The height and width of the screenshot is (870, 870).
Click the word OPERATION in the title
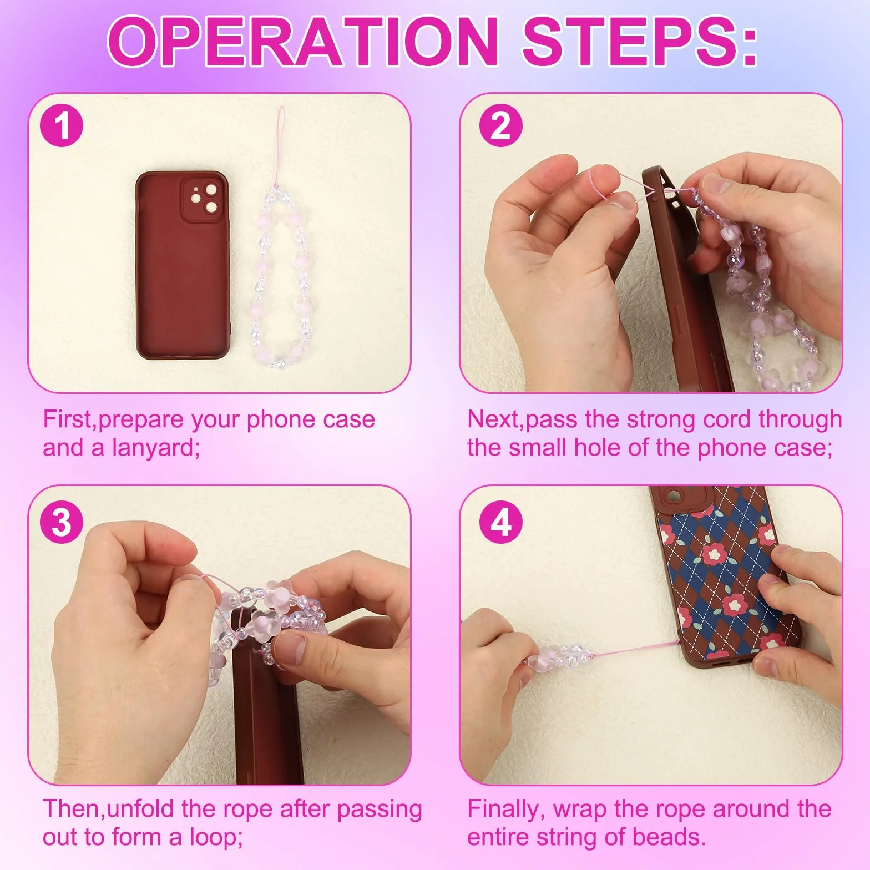tap(303, 41)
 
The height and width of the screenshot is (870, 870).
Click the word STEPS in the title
tap(632, 41)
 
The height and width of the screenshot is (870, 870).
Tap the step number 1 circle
tap(62, 127)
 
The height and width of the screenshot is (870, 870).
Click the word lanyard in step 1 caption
tap(155, 448)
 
